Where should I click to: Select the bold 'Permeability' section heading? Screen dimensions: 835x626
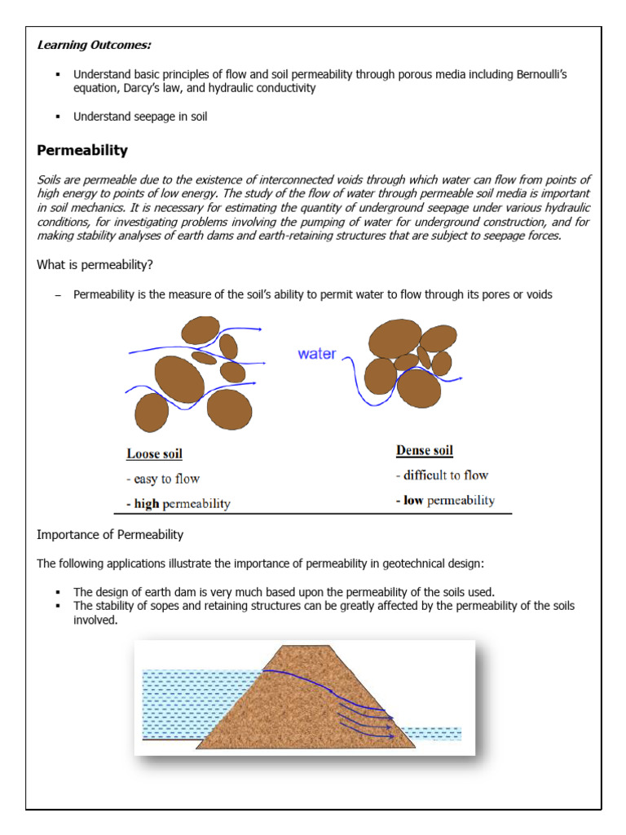[x=82, y=150]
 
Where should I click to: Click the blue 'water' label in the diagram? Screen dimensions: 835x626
[x=317, y=354]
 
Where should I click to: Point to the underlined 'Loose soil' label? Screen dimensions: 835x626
[x=154, y=453]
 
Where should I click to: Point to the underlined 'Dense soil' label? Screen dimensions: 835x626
[x=424, y=450]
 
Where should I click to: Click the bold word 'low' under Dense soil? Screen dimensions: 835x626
[x=413, y=500]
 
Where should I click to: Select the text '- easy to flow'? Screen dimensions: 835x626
[x=163, y=479]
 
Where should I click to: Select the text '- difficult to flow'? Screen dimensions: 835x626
[x=442, y=475]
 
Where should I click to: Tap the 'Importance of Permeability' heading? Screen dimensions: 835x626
[x=110, y=535]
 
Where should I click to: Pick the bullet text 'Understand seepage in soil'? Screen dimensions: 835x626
[x=140, y=117]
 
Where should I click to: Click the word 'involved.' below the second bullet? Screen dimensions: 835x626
[x=95, y=620]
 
